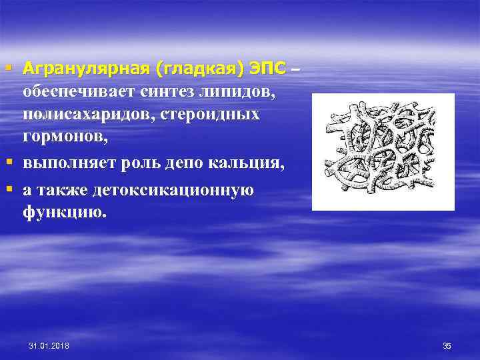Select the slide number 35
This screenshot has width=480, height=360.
click(447, 345)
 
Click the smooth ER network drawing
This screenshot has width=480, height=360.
click(383, 152)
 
